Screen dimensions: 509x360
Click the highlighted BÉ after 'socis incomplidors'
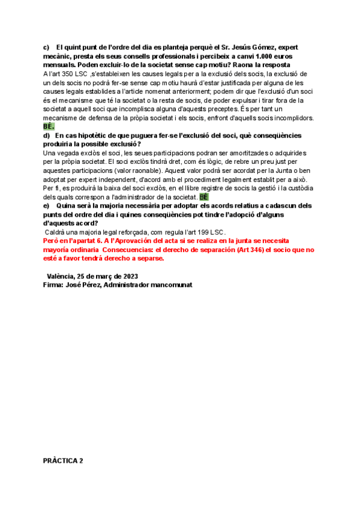[x=49, y=127]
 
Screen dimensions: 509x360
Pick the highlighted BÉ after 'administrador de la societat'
[x=204, y=197]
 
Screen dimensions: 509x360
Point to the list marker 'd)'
[x=47, y=136]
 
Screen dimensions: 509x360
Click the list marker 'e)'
[x=47, y=205]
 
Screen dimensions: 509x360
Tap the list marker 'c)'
[x=47, y=47]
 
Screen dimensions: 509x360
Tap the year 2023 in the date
[x=128, y=276]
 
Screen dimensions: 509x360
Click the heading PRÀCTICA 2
[x=63, y=461]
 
